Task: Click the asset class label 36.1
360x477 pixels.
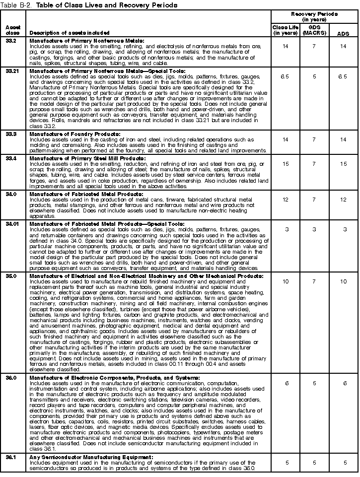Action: click(11, 457)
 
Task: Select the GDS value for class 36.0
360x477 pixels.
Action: click(314, 383)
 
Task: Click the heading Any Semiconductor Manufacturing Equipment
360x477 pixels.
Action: click(91, 457)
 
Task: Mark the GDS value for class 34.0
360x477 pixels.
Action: click(314, 199)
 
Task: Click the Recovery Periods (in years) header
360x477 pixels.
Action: click(313, 16)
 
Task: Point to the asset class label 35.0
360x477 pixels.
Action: click(11, 275)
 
